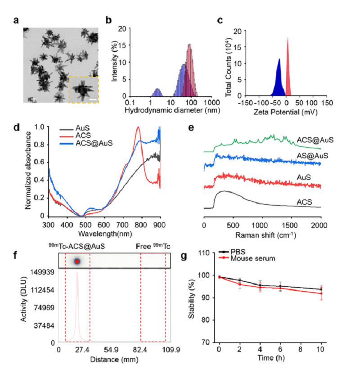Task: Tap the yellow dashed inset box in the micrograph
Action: [83, 89]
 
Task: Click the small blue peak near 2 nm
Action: [157, 92]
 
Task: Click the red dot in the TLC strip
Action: [77, 261]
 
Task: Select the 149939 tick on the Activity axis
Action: [41, 271]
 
